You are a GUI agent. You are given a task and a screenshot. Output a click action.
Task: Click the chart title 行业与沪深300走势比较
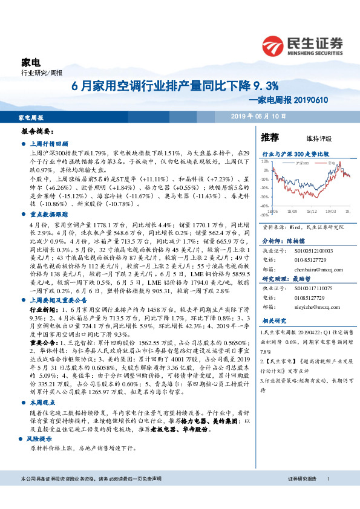coord(295,154)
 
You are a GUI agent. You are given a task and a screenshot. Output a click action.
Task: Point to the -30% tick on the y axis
coord(265,197)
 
